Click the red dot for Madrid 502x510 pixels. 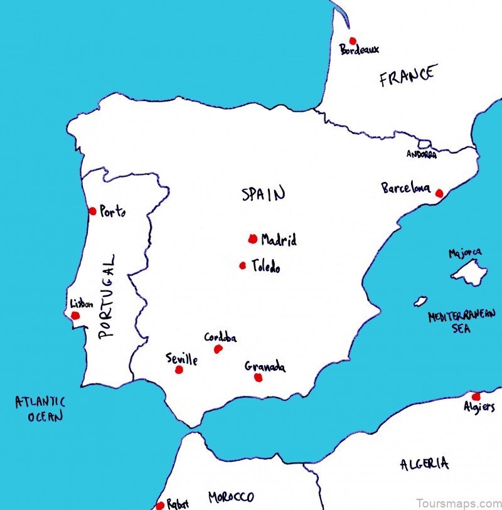[252, 238]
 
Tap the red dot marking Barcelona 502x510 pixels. [439, 194]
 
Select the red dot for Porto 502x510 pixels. [93, 211]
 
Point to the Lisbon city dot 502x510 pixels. [76, 315]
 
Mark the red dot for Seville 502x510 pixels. [179, 370]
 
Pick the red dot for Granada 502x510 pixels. [257, 377]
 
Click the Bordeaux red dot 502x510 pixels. [353, 41]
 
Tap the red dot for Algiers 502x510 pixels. [476, 396]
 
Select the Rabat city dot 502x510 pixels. [160, 505]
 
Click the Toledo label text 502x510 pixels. [265, 267]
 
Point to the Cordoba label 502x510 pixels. [220, 337]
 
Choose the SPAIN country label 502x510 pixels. [264, 194]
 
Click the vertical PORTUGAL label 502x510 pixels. [108, 295]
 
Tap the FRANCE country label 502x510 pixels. [407, 77]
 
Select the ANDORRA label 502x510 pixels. [422, 154]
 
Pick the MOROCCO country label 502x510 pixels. [232, 497]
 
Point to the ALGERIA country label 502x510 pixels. [424, 464]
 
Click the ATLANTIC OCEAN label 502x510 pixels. [40, 408]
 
